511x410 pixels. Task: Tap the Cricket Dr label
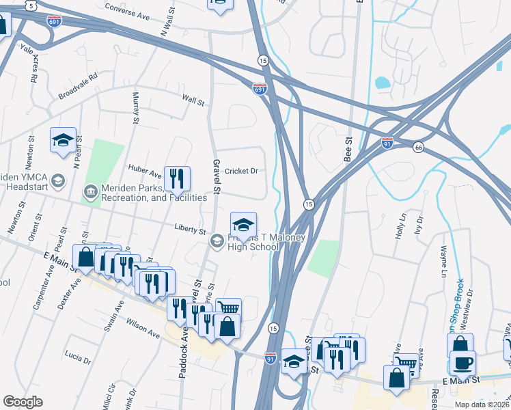click(240, 171)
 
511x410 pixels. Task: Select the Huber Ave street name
click(144, 166)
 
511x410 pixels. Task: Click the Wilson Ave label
click(142, 328)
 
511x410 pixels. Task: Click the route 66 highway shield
click(419, 146)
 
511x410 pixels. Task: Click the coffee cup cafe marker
click(462, 362)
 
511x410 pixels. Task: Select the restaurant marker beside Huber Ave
click(176, 180)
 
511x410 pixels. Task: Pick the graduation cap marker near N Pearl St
click(63, 141)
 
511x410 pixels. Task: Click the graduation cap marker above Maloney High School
click(242, 224)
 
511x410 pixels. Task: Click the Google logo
click(23, 402)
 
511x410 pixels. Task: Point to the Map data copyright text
click(482, 405)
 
